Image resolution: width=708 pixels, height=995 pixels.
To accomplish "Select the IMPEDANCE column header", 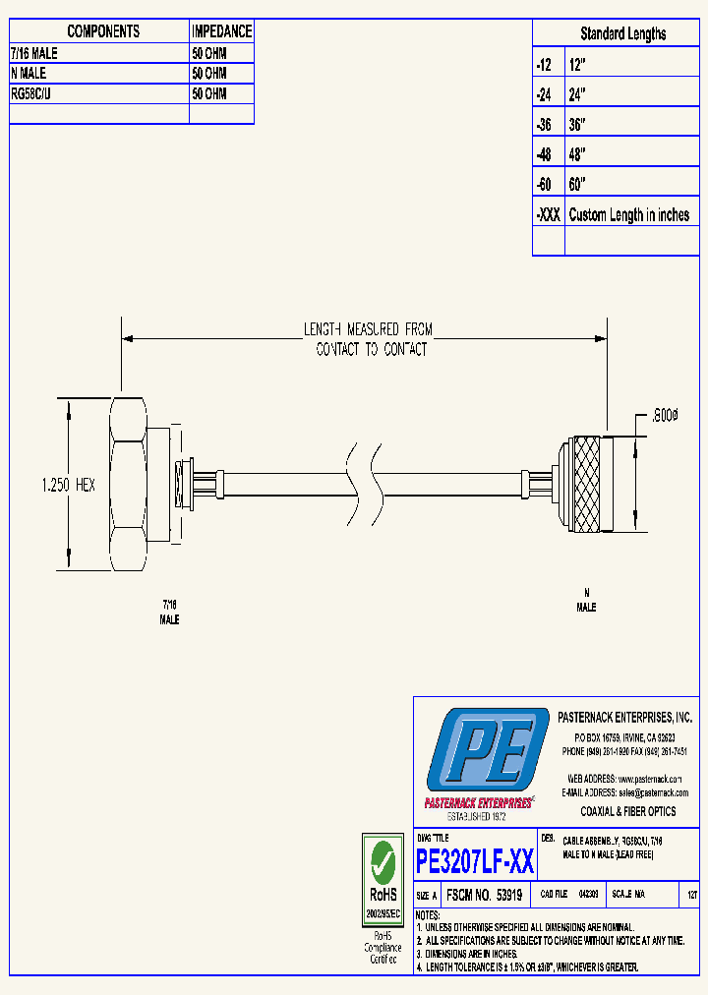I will point(221,31).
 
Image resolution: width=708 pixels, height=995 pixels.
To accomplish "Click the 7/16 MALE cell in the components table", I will point(34,53).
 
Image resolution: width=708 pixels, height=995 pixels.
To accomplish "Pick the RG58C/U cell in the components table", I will point(35,94).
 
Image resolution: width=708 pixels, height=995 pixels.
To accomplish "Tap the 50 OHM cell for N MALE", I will point(209,74).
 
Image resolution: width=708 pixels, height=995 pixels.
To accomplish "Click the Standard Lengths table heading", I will point(622,33).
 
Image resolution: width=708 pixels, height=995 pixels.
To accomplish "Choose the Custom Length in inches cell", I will point(628,215).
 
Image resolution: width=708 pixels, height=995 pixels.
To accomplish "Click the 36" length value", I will point(577,125).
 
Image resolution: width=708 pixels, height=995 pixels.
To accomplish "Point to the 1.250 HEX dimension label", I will point(68,486).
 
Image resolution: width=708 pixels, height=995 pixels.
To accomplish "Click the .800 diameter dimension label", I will point(663,416).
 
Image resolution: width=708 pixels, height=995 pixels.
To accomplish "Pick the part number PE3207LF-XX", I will point(476,862).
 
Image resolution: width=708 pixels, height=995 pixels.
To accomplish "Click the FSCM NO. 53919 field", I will point(484,896).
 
